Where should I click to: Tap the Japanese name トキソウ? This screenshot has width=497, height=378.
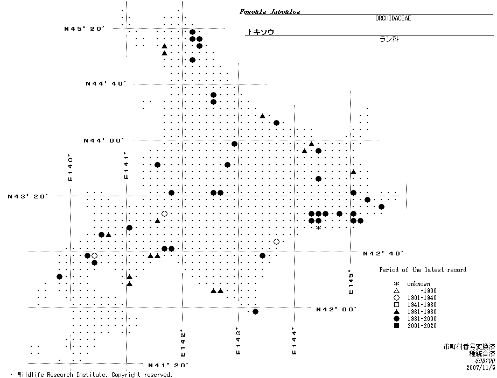260,32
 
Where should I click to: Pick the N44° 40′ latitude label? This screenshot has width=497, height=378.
106,83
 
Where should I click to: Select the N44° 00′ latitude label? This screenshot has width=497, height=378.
103,140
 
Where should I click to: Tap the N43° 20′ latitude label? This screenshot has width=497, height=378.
28,196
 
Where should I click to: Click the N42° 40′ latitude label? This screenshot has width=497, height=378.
383,253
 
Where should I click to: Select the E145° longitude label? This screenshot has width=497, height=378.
351,282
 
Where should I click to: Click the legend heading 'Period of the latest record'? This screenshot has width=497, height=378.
422,270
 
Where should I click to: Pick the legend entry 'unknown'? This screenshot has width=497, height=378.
418,284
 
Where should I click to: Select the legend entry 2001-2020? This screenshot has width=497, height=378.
422,326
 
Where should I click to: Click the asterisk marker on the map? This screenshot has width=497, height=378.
318,228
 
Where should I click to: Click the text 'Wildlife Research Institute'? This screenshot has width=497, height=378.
62,374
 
